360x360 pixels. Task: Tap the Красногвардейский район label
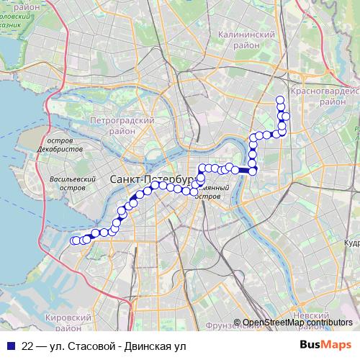[324, 96]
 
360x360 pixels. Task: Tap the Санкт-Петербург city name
[154, 178]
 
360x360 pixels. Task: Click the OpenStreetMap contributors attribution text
[298, 323]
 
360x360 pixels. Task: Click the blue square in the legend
[10, 346]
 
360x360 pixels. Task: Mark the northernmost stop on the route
[280, 99]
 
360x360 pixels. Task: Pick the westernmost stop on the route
[74, 241]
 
